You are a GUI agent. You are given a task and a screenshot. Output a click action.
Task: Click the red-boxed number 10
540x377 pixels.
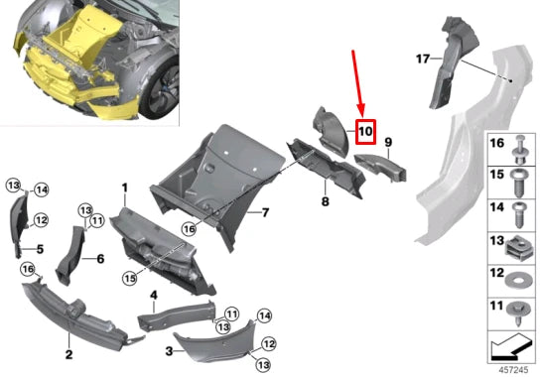point(364,130)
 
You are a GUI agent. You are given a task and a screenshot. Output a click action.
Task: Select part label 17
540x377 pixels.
point(422,60)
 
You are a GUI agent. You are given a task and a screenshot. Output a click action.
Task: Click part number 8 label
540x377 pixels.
point(324,202)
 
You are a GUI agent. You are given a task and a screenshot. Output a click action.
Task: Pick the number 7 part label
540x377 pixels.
point(265,212)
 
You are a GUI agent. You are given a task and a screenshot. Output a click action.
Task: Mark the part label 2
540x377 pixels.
point(68,353)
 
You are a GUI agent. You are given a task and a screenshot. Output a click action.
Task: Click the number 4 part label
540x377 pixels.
point(154,295)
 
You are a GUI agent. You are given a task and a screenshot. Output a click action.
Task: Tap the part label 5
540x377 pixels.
point(41,248)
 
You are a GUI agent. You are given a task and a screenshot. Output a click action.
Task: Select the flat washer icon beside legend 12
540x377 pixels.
point(518,278)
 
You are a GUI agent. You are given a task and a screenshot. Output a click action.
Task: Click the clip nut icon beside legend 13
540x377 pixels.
point(518,245)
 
